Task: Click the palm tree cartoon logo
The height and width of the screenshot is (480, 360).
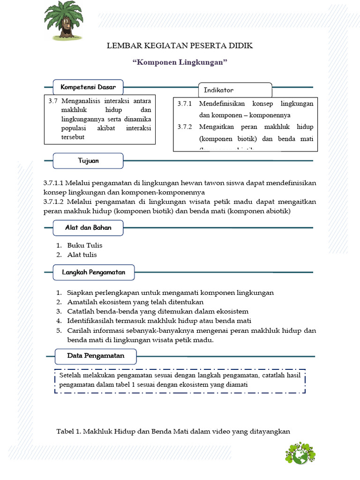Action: [x=63, y=20]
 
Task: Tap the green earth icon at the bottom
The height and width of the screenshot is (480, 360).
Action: [x=300, y=453]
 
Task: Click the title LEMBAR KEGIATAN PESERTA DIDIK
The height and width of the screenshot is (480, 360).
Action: [x=180, y=45]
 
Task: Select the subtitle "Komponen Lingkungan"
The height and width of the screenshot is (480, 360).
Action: [x=180, y=62]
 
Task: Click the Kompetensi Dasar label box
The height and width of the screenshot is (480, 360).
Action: [x=88, y=87]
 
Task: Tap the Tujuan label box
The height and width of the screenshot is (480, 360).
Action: [x=88, y=161]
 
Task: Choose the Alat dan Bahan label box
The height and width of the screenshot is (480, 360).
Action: [x=88, y=228]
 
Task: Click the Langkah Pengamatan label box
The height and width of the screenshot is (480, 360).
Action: [x=94, y=272]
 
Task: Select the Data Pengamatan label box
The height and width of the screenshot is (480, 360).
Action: [x=96, y=356]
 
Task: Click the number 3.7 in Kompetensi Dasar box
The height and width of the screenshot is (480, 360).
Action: [x=52, y=101]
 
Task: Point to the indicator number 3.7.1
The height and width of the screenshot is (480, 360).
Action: [x=185, y=104]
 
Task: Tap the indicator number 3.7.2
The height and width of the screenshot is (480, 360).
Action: [x=185, y=127]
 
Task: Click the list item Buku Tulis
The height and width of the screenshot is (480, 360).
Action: [x=84, y=245]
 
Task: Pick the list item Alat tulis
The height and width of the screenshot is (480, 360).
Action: [x=82, y=255]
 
